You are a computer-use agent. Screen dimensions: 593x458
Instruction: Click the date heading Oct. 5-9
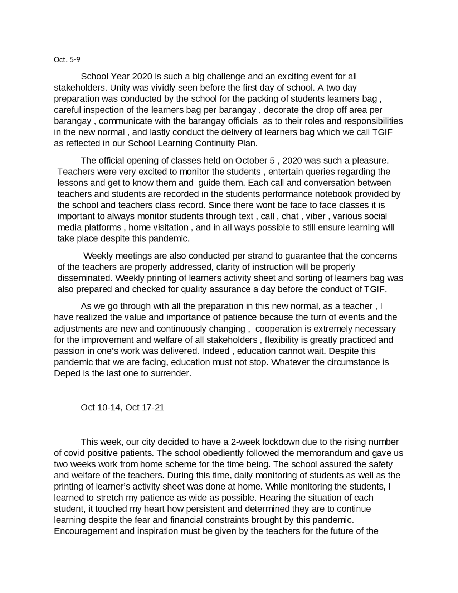[x=67, y=59]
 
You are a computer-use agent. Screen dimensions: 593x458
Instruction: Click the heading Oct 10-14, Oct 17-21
[x=122, y=408]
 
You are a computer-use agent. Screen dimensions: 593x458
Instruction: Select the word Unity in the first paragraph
[x=120, y=88]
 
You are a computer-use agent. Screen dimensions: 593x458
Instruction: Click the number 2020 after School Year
[x=142, y=77]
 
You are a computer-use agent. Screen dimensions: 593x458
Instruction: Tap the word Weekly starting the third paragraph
[x=99, y=256]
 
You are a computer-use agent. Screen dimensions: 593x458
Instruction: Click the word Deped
[x=66, y=373]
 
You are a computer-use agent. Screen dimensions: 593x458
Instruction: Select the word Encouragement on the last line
[x=85, y=531]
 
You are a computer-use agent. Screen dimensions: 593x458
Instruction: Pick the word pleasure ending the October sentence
[x=370, y=160]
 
